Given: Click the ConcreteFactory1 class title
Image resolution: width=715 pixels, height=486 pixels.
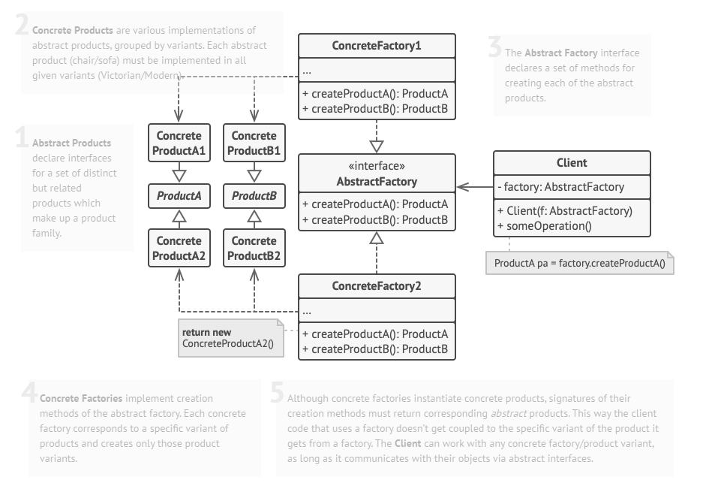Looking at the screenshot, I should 377,46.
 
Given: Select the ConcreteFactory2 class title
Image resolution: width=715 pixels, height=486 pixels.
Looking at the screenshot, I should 377,286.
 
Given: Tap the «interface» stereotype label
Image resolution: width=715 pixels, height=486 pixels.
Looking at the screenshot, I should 377,167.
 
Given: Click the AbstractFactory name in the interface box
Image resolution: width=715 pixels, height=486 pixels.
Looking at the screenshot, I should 377,181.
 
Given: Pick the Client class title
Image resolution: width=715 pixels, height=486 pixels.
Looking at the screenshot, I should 572,162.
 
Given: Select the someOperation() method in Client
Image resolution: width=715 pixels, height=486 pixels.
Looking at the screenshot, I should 544,225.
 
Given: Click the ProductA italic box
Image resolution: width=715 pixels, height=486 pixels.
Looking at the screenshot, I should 179,197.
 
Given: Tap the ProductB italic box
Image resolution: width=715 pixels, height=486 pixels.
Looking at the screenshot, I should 254,197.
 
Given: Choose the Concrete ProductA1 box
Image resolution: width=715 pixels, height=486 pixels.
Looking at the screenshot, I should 179,143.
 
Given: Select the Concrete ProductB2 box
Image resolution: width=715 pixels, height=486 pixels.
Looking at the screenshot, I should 254,248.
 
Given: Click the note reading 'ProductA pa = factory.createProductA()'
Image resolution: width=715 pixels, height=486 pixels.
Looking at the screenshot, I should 579,264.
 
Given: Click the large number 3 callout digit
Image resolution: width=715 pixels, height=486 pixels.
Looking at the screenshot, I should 494,48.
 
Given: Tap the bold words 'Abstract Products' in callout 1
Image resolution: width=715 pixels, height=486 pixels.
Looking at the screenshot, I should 71,143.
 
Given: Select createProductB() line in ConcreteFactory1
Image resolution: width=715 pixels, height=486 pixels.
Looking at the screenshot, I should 374,109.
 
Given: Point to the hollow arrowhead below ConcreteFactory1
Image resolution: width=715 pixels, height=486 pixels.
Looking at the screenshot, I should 377,146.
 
